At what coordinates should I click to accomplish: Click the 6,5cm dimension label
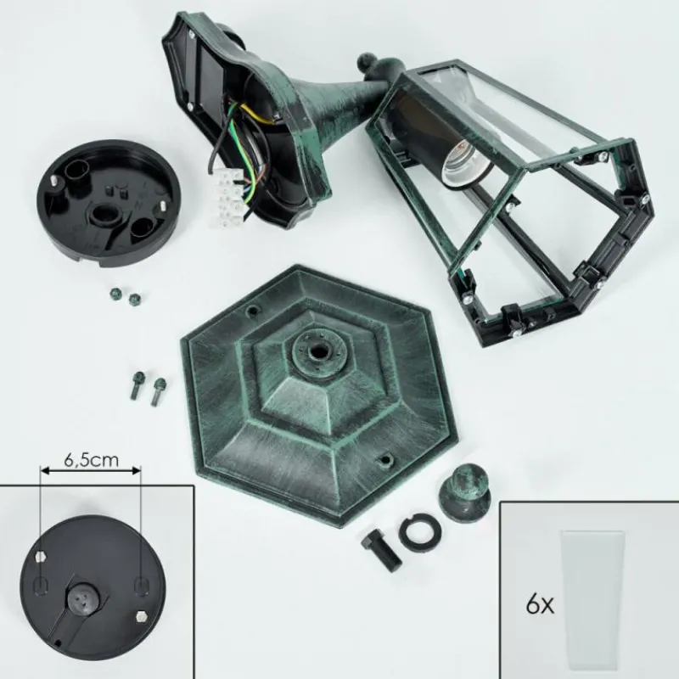tap(92, 459)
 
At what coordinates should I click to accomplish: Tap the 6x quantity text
tap(540, 604)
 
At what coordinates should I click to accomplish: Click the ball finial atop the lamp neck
tap(367, 63)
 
